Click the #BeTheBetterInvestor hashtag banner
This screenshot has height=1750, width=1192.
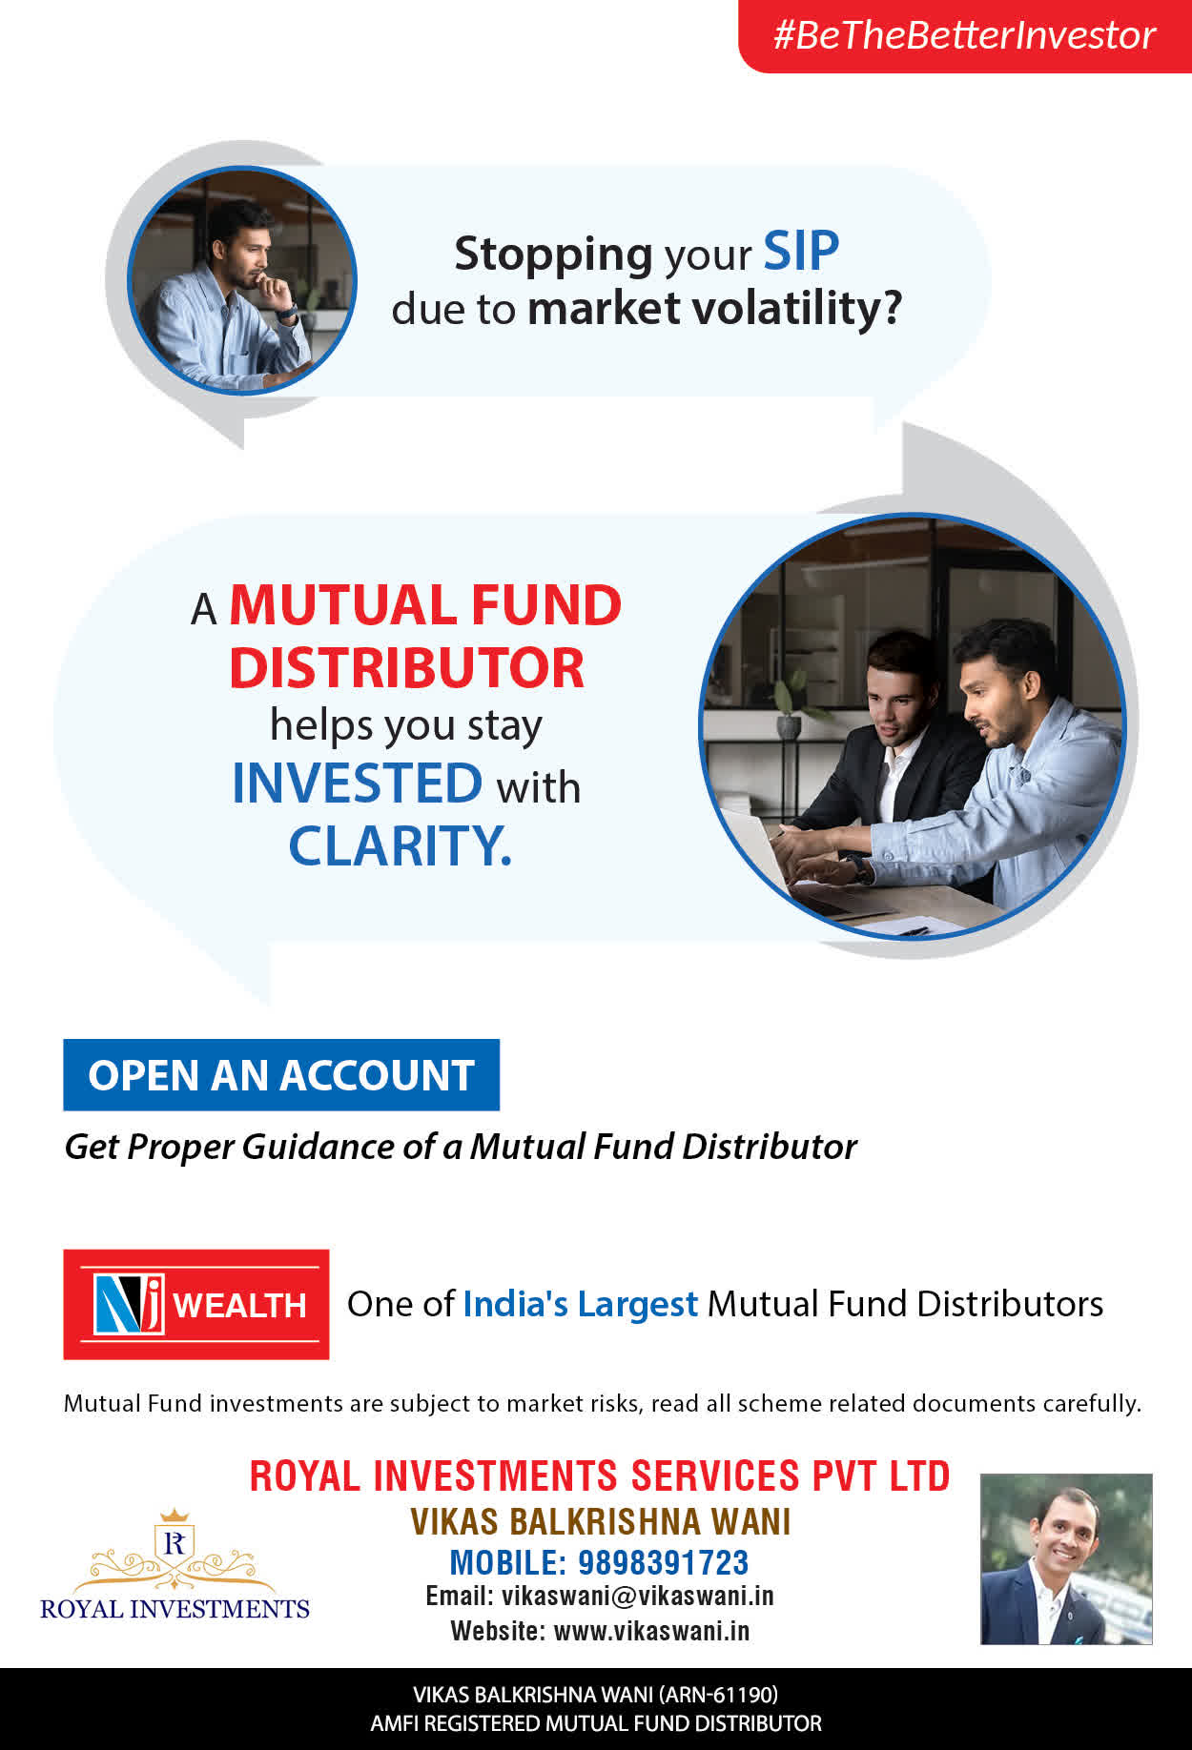click(965, 35)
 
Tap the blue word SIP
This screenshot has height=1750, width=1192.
click(801, 252)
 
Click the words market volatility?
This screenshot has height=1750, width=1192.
click(714, 309)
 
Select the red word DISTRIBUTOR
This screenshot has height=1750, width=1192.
click(406, 668)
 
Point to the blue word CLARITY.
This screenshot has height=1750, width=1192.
click(401, 845)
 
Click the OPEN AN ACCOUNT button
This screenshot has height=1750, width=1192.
click(281, 1075)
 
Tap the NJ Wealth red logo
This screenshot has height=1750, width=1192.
click(196, 1304)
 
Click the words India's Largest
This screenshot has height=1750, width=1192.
click(581, 1304)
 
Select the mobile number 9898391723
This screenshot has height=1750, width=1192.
click(664, 1563)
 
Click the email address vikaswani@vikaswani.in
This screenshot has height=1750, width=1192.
click(638, 1597)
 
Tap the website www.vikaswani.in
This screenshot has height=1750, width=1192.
click(652, 1631)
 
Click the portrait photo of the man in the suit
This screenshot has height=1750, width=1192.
click(1066, 1559)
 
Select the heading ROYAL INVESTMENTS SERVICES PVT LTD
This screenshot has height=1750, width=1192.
click(600, 1476)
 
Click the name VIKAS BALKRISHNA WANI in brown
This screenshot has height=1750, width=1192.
click(601, 1522)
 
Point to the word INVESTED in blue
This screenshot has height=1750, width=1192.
click(358, 783)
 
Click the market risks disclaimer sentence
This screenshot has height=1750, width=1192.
click(603, 1404)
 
